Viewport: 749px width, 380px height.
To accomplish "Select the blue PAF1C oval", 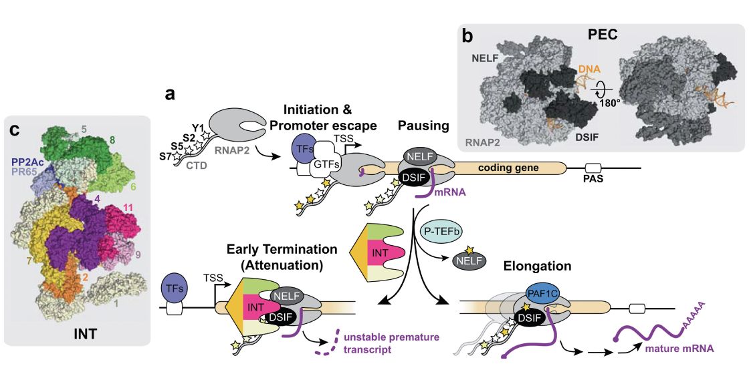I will point(537,292).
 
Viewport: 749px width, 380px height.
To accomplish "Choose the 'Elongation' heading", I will point(538,266).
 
